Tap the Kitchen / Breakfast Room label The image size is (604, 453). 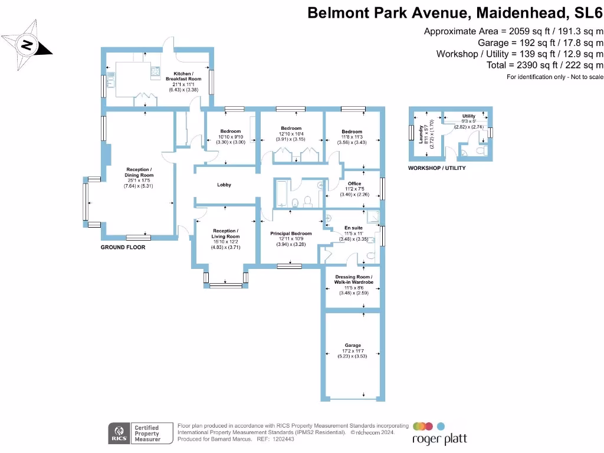point(183,76)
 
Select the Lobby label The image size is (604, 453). point(224,185)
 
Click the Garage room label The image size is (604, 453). point(353,346)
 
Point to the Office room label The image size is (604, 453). point(354,183)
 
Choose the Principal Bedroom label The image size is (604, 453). point(290,234)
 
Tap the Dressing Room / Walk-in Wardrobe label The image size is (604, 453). point(354,279)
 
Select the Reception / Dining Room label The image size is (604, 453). point(139,172)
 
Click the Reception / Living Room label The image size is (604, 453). point(226,233)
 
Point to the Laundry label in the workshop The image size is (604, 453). point(421,135)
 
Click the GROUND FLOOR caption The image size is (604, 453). point(123,248)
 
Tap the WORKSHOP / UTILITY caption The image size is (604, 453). point(436,168)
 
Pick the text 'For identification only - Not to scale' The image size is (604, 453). point(555,77)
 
